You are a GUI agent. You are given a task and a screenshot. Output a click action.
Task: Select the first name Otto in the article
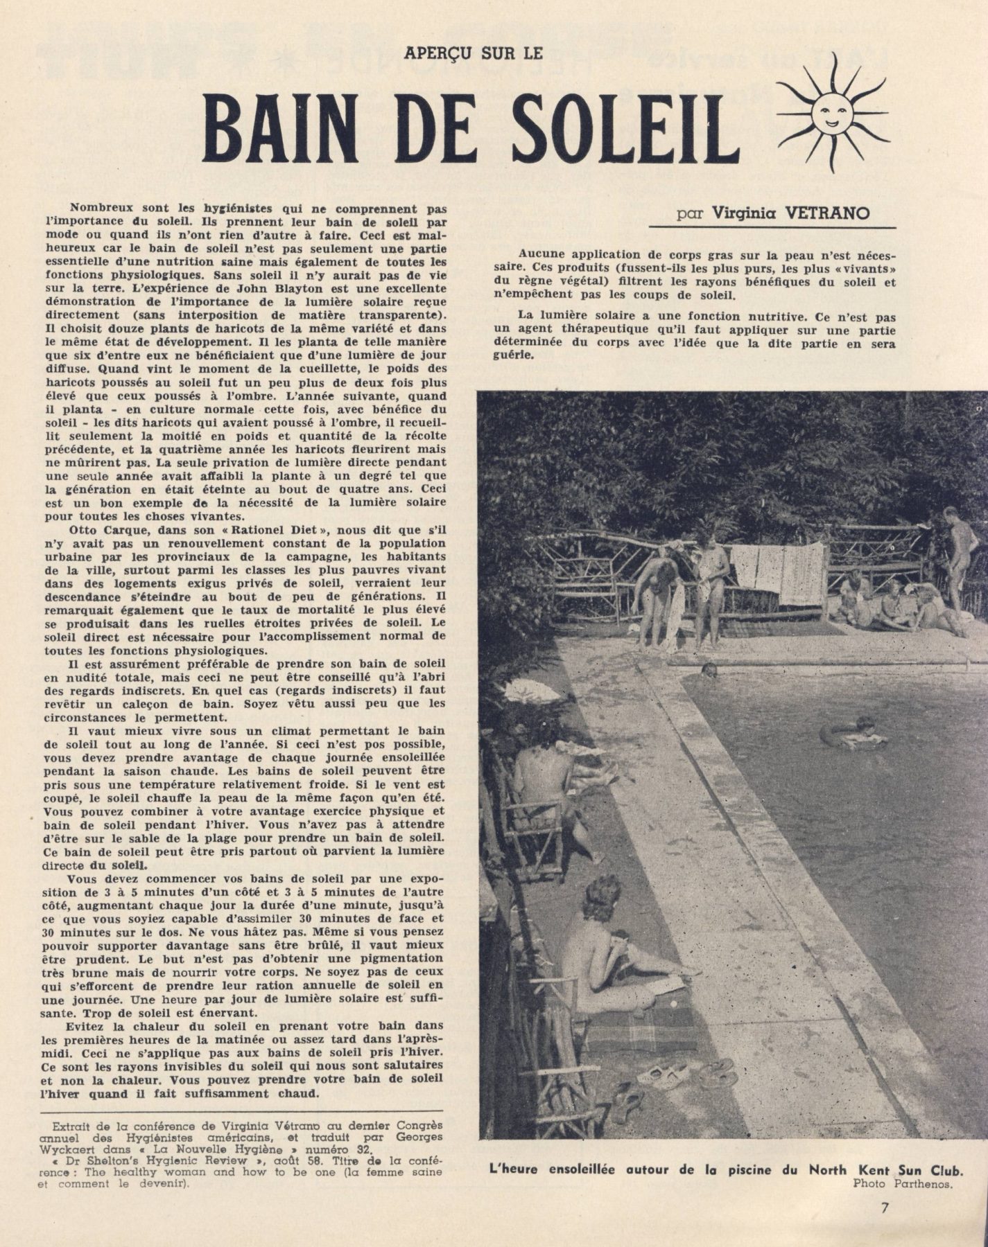pos(85,529)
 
